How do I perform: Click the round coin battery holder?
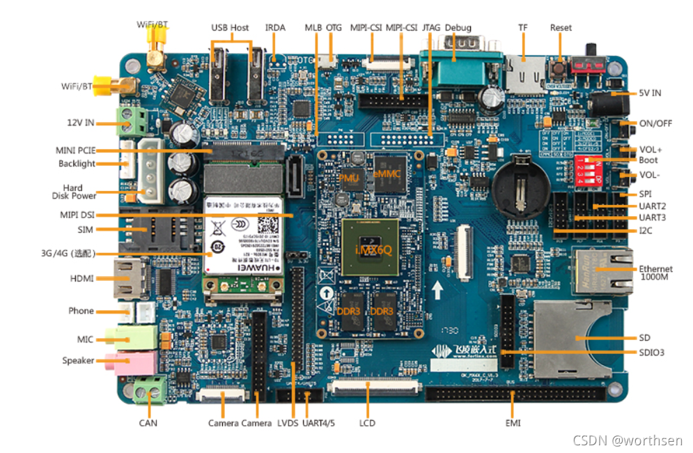[520, 183]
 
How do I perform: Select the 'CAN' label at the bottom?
[148, 423]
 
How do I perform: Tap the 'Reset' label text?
[561, 28]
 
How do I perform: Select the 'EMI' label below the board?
[513, 423]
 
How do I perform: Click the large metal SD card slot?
[571, 338]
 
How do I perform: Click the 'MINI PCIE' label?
[75, 150]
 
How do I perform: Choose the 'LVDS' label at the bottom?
[288, 423]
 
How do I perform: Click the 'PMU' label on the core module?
[348, 178]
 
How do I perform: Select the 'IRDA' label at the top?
[275, 28]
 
